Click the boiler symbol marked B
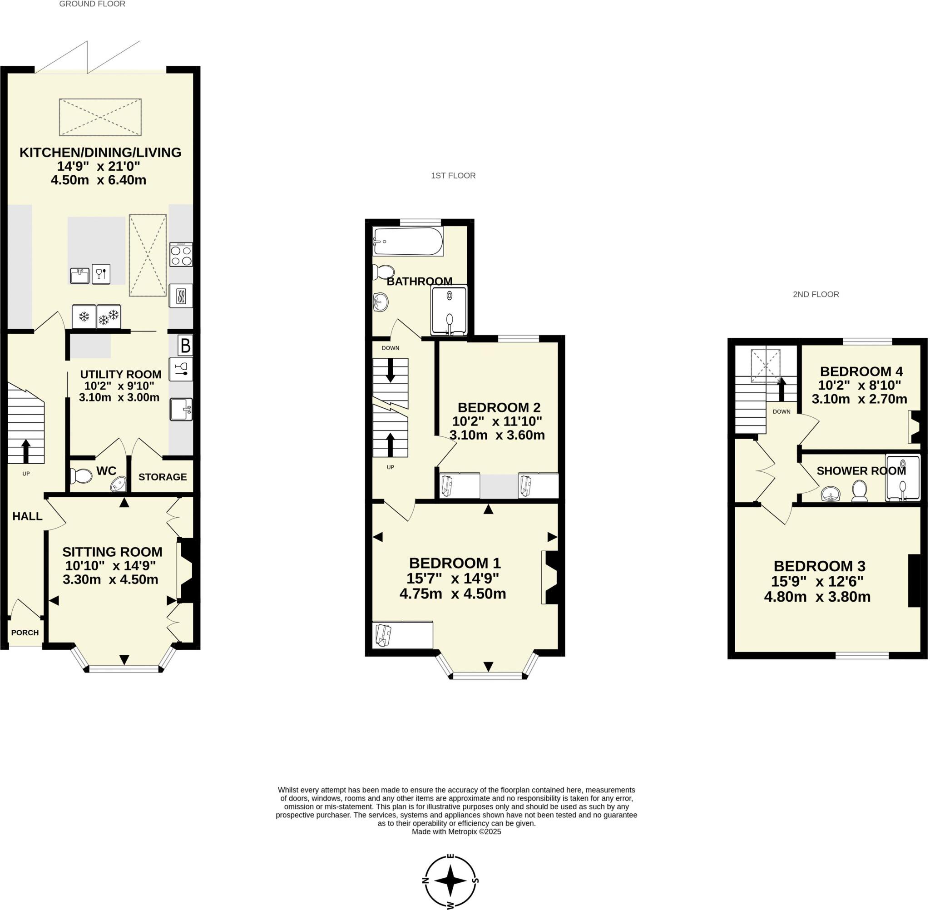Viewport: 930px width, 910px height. coord(185,345)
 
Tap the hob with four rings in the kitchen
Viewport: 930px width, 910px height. coord(181,254)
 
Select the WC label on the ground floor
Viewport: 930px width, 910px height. coord(106,471)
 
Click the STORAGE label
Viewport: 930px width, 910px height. coord(163,477)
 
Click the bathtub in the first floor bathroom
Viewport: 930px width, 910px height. coord(408,242)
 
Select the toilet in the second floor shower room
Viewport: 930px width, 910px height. coord(859,491)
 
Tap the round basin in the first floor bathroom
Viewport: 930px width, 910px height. coord(381,302)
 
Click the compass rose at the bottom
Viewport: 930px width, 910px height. coord(450,880)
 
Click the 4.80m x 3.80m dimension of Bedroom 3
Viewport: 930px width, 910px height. coord(817,597)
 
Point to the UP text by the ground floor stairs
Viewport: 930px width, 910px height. coord(26,474)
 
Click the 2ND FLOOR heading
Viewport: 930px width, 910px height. coord(816,294)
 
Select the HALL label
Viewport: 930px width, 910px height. coord(27,516)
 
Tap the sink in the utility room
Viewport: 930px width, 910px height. coord(181,410)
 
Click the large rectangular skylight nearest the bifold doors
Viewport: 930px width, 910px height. coord(100,117)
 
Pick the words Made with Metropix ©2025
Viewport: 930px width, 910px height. coord(456,831)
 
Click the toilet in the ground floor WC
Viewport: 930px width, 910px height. coord(81,476)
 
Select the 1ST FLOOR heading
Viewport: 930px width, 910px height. coord(453,175)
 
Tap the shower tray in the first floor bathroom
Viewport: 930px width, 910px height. coord(449,310)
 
